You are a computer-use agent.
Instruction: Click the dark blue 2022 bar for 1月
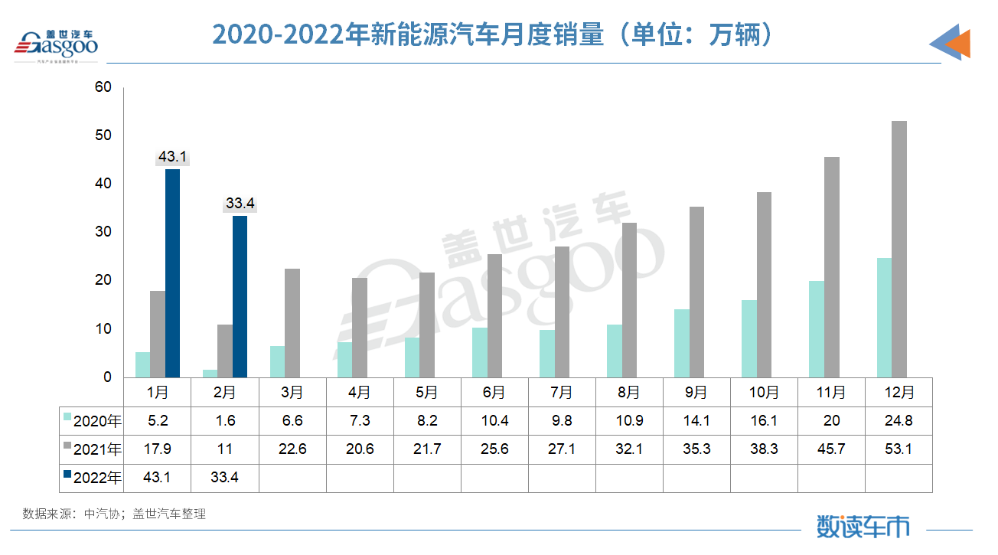(172, 273)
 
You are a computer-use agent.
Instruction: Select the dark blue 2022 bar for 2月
(240, 297)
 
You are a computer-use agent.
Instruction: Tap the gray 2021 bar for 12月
(899, 249)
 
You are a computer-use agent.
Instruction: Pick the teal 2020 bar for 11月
(817, 329)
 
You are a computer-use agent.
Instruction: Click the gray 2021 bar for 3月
(292, 323)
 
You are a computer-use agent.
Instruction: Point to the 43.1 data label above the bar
(172, 158)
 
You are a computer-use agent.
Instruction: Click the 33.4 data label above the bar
(240, 204)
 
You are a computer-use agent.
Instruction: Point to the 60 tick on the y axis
(103, 88)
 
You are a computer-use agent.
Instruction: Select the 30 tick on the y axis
(103, 233)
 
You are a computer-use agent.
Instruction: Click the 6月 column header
(494, 393)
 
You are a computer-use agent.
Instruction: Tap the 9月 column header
(696, 393)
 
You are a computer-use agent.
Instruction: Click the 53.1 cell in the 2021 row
(898, 449)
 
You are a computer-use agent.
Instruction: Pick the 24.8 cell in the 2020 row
(898, 421)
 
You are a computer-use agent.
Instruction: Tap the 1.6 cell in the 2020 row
(225, 421)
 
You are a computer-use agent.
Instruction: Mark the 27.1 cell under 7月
(561, 449)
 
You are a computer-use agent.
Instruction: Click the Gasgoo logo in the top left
(57, 44)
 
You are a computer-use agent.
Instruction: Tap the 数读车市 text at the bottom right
(863, 527)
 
